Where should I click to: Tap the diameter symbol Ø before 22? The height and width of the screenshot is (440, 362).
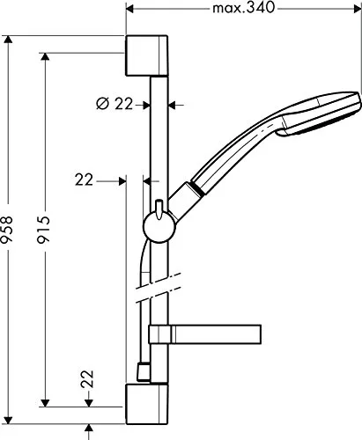click(x=102, y=104)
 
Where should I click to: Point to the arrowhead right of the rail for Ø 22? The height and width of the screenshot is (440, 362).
click(x=173, y=104)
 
